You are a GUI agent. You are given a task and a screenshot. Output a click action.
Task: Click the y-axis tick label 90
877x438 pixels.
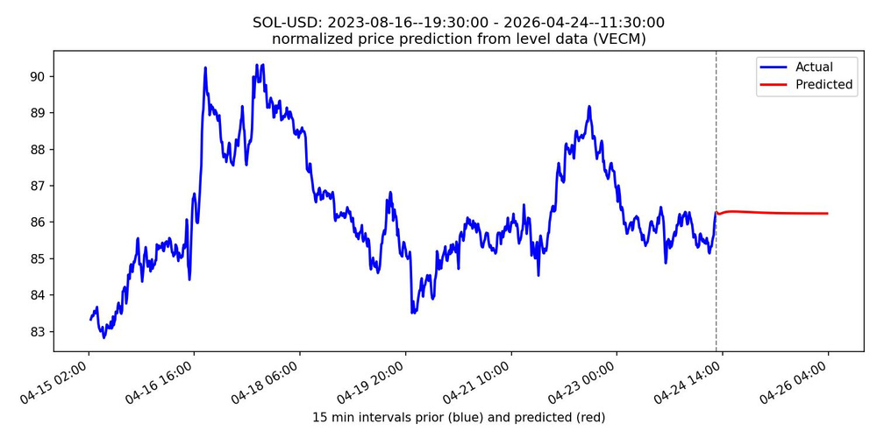(37, 76)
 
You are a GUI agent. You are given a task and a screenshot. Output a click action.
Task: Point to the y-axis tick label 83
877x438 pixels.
(37, 331)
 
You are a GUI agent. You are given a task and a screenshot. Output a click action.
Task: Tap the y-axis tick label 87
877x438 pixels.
(37, 186)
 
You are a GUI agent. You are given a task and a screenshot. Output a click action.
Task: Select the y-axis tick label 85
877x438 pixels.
(37, 258)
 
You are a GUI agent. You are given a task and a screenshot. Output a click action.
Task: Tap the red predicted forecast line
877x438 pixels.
(772, 213)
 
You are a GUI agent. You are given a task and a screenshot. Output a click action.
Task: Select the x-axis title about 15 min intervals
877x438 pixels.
(459, 417)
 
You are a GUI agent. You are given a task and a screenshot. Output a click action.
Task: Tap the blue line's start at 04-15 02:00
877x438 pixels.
(90, 319)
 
